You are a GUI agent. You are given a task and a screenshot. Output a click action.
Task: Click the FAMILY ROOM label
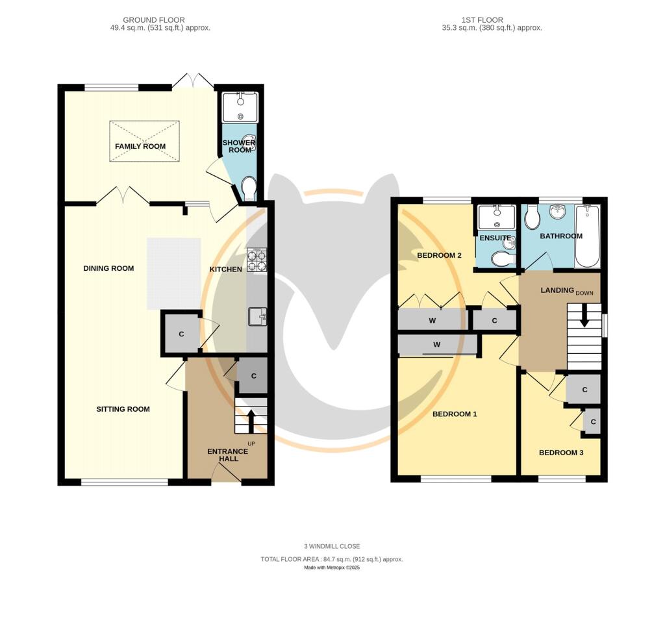140,146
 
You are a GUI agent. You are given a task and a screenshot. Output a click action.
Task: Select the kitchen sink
257,317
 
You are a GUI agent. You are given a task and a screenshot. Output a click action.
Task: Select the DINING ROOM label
108,268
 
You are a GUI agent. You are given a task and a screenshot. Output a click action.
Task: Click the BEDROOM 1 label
455,414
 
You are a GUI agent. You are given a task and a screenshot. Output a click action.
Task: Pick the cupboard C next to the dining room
181,334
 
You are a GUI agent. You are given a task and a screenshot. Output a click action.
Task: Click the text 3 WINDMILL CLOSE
332,546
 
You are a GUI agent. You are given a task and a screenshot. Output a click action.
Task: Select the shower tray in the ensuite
496,218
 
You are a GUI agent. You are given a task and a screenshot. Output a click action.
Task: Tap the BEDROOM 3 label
561,453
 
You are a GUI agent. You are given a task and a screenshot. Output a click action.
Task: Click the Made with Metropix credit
332,568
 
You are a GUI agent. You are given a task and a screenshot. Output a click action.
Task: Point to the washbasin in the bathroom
557,212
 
